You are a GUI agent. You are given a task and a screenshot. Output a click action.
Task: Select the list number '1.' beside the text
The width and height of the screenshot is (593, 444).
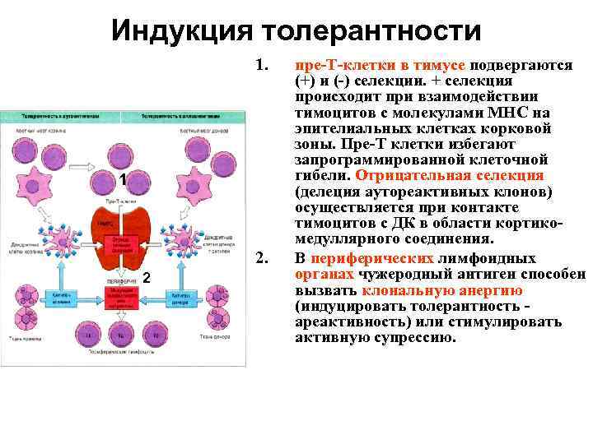(x=263, y=65)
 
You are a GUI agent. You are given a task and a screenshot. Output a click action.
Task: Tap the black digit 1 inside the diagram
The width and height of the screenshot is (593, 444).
(x=121, y=179)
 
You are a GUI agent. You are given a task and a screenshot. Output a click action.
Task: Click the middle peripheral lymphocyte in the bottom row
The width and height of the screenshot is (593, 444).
(x=121, y=334)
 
